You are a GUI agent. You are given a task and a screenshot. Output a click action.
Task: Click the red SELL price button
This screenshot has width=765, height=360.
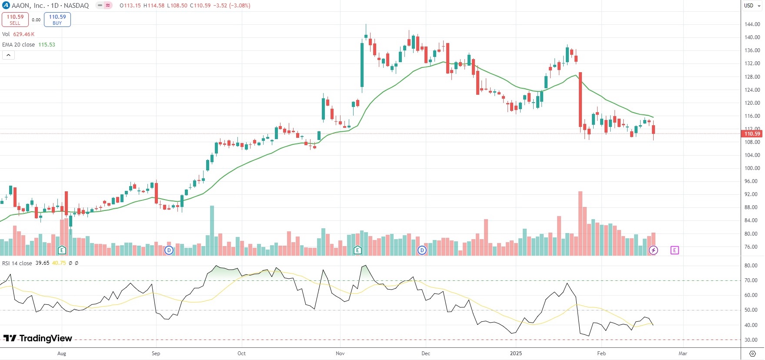(x=15, y=20)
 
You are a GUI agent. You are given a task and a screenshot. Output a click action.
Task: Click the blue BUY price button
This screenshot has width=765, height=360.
(x=57, y=20)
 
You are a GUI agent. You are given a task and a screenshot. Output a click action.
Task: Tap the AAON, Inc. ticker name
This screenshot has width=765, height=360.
(x=28, y=6)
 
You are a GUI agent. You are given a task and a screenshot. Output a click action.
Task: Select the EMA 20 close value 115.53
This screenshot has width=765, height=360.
(x=47, y=45)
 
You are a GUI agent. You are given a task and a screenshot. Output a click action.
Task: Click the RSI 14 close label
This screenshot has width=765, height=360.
(x=17, y=263)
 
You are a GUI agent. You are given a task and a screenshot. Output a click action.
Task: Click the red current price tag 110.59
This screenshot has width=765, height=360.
(x=752, y=134)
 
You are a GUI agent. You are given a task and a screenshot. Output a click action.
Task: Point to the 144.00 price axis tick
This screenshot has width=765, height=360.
(x=752, y=24)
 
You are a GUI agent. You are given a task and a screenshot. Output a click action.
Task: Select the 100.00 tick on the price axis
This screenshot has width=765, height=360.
(x=752, y=168)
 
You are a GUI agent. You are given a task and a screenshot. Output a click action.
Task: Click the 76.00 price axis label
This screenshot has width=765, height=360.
(x=752, y=247)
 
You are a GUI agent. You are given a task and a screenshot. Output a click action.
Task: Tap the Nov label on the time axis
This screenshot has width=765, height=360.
(x=340, y=353)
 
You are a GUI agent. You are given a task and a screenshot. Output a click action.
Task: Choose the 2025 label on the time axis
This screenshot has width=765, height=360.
(x=516, y=353)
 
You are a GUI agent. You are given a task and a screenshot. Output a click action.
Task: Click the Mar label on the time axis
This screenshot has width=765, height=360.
(x=683, y=353)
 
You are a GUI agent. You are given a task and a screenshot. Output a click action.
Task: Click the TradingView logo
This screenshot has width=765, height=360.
(x=38, y=338)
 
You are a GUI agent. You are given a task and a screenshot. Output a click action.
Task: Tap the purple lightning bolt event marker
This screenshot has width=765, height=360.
(x=653, y=250)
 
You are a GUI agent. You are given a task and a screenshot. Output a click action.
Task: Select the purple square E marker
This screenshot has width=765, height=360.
(x=675, y=250)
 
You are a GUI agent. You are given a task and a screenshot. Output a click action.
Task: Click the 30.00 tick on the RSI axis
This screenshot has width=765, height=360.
(x=751, y=340)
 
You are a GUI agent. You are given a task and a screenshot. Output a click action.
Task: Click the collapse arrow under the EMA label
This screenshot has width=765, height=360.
(x=8, y=55)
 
